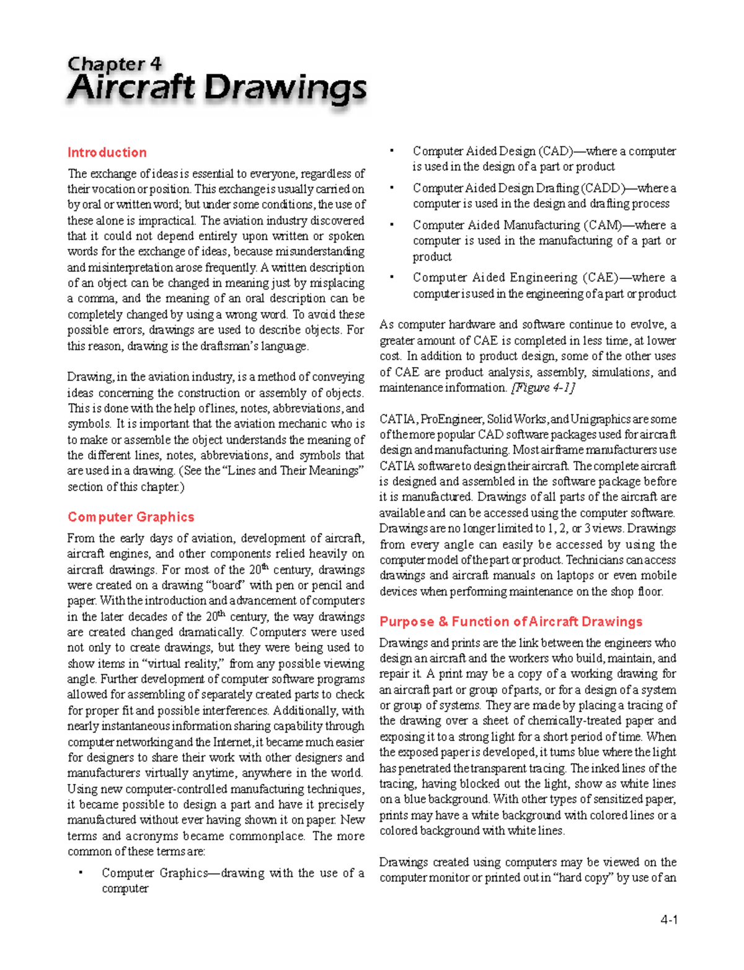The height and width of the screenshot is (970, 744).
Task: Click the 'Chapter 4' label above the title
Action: click(115, 64)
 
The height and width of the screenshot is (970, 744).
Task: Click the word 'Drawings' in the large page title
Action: click(285, 89)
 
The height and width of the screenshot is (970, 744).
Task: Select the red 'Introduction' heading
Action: click(107, 153)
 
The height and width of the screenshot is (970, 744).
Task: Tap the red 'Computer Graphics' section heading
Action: click(131, 517)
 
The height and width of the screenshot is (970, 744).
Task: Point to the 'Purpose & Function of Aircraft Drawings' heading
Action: click(511, 622)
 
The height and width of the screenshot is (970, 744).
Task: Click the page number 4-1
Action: click(668, 920)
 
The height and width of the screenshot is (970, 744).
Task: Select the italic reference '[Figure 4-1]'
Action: click(542, 388)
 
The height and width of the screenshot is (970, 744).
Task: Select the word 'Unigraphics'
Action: click(601, 419)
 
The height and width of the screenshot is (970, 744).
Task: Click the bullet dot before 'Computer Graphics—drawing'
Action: click(80, 873)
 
